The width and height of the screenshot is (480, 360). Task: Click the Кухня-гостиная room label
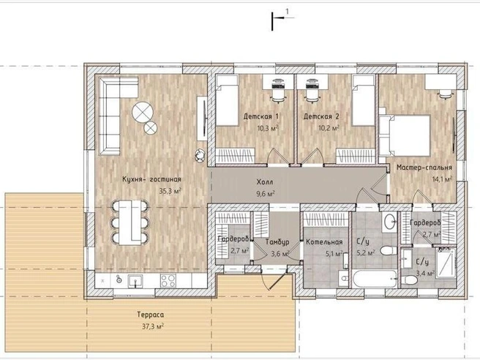151,179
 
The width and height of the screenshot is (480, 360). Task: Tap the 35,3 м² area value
170,191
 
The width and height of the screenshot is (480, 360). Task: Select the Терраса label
150,315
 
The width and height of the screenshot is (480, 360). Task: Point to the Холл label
265,182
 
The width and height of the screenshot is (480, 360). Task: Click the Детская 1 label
260,116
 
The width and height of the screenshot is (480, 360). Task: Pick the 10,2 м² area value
329,128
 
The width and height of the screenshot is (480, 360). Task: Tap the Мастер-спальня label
424,168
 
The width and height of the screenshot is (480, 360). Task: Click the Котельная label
324,242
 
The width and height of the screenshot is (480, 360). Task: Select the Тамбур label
277,242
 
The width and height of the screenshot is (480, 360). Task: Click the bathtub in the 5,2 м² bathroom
375,279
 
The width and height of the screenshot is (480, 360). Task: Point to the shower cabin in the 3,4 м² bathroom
446,263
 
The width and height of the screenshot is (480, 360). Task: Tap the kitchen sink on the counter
135,281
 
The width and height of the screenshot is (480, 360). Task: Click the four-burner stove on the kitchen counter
168,281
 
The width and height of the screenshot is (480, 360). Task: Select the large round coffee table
143,112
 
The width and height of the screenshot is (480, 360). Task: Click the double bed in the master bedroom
405,135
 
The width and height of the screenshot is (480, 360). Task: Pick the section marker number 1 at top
287,12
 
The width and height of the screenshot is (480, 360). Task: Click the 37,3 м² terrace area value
152,326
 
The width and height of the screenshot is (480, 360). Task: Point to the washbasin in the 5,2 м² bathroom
389,221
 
